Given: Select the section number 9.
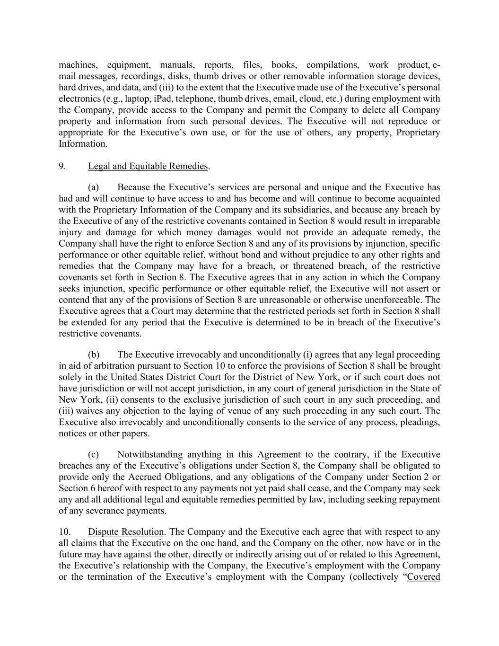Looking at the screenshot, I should (62, 166).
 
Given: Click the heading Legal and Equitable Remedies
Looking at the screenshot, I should (148, 166).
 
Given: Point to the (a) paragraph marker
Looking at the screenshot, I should (93, 187).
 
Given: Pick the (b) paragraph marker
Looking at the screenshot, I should (93, 354).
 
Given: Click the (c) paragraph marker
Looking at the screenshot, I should (93, 454).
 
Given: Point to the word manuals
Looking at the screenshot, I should (177, 65).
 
